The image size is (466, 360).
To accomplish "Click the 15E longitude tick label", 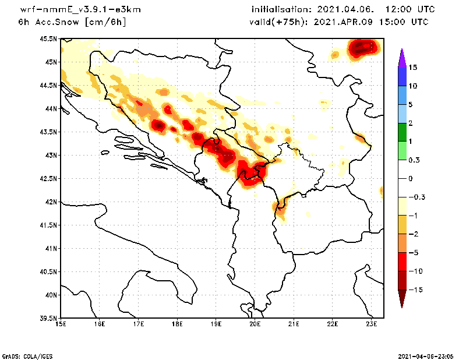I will coord(60,324).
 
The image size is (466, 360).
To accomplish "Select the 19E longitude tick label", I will coord(216,324).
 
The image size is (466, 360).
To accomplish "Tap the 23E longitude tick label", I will coord(372,324).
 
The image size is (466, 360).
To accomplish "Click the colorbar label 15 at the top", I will coord(413,68).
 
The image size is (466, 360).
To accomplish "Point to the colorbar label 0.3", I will coord(414,160).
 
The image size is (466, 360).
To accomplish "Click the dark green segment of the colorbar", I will coord(401,132).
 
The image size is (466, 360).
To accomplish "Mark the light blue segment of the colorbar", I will coord(401,114).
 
